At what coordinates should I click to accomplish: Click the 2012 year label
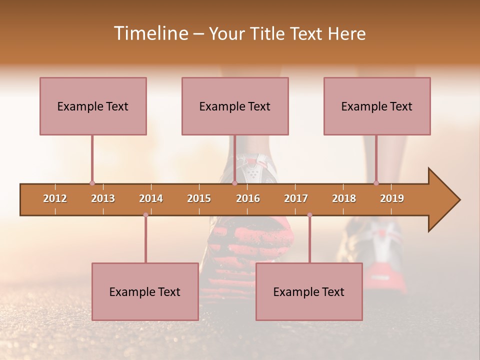[55, 198]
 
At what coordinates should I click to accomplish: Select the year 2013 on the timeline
[103, 198]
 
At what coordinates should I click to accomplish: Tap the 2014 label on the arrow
[151, 198]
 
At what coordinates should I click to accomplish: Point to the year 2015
[199, 198]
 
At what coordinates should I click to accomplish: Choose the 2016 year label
[248, 198]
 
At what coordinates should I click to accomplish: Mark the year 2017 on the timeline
[296, 198]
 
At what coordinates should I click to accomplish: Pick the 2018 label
[344, 198]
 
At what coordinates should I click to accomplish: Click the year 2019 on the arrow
[392, 198]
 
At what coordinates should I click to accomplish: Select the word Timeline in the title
[149, 33]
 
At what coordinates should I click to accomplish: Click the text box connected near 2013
[93, 106]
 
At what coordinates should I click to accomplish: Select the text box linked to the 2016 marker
[235, 106]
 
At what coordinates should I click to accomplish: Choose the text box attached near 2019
[377, 106]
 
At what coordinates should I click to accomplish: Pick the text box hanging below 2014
[145, 291]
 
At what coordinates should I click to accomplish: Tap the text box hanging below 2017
[309, 291]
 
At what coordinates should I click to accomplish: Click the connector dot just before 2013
[92, 183]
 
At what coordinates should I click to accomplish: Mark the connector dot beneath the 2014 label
[145, 215]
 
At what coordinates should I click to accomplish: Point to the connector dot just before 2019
[376, 183]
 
